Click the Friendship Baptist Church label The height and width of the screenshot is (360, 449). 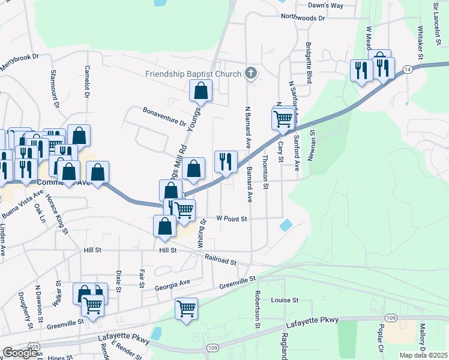click(x=192, y=74)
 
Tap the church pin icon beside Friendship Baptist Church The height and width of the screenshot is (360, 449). click(x=252, y=74)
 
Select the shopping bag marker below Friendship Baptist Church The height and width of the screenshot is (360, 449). click(x=201, y=92)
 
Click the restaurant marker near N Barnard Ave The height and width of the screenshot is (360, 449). click(x=225, y=161)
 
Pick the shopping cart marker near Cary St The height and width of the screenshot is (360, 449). click(x=283, y=118)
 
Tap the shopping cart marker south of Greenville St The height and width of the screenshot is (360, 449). click(x=186, y=310)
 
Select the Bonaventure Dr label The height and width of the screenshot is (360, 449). click(x=164, y=117)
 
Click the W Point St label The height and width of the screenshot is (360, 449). click(x=232, y=220)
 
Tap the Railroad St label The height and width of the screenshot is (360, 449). click(x=220, y=260)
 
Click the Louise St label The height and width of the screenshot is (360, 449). click(x=285, y=300)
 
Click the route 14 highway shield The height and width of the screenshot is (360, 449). click(x=408, y=70)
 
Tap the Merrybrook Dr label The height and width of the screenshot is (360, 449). click(x=19, y=63)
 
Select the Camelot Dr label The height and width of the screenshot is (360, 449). click(x=88, y=83)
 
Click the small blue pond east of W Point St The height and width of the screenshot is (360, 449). click(x=286, y=225)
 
